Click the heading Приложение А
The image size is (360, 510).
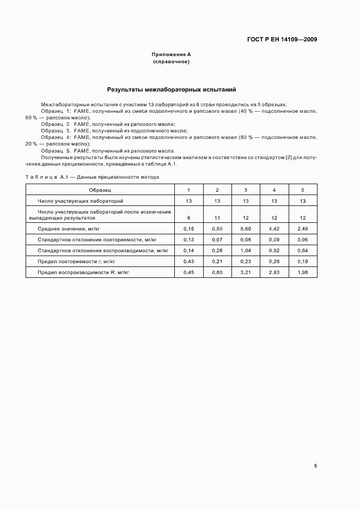tap(171, 55)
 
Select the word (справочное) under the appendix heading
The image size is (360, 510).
tap(171, 62)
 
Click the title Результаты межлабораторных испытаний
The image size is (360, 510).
tap(171, 89)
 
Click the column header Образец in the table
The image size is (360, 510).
tap(100, 190)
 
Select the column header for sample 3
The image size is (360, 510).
tap(246, 190)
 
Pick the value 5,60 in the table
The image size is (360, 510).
tap(246, 228)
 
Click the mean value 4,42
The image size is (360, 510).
tap(274, 228)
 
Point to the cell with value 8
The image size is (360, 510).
tap(188, 217)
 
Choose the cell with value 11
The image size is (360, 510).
tap(217, 217)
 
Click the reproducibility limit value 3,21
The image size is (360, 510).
tap(246, 272)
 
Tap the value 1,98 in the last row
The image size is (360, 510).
tap(303, 272)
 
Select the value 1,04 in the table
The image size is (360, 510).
tap(246, 250)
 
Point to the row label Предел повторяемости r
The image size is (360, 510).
tap(78, 261)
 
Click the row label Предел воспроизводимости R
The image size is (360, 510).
tap(83, 272)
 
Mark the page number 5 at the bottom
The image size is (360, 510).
tap(315, 466)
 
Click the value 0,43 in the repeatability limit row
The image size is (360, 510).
tap(188, 261)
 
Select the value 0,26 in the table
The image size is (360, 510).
tap(217, 250)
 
